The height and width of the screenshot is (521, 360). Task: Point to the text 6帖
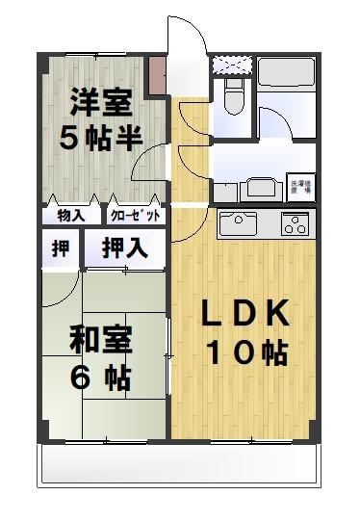pos(100,378)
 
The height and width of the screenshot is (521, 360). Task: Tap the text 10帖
pos(245,352)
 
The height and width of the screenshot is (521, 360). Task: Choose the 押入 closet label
pos(125,247)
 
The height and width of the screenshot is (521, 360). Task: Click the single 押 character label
pos(61,247)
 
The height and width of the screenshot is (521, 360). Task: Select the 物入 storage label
pos(69,215)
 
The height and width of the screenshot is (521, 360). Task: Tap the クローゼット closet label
pos(135,215)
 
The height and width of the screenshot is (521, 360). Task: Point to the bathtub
pos(288,80)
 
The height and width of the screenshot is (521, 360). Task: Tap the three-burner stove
pos(294,225)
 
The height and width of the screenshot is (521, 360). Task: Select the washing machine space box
pos(299,188)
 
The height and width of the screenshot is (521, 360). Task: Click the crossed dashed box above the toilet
pos(232,65)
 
